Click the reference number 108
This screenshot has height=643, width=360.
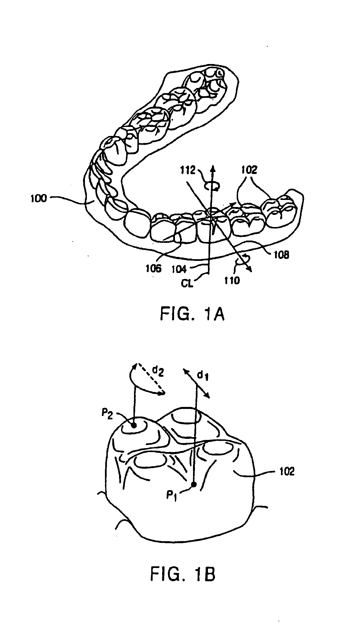coord(281,255)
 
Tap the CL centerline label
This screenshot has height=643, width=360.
coord(187,283)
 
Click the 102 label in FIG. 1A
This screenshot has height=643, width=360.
coord(249,170)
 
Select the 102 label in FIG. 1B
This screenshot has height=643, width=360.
coord(286,471)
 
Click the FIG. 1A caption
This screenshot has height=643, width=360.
coord(192,315)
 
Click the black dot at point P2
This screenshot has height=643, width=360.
coord(134,425)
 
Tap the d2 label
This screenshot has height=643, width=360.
coord(158,373)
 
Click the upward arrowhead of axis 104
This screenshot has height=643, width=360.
coord(213,167)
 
